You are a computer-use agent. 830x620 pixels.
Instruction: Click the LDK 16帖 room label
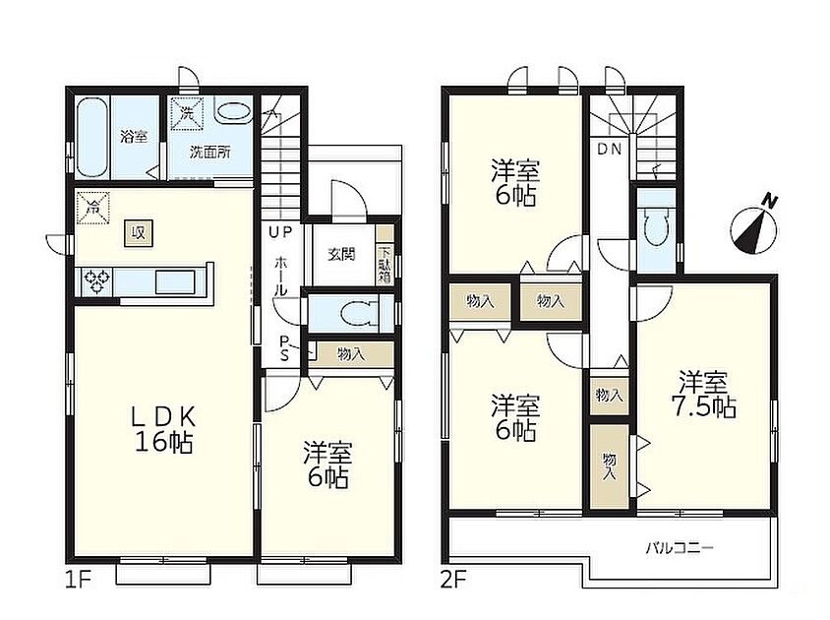tap(163, 429)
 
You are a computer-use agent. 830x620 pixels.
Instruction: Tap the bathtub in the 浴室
tap(93, 138)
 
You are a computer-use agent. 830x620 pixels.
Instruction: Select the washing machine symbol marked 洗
tap(186, 113)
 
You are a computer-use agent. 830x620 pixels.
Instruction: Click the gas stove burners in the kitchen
tap(97, 281)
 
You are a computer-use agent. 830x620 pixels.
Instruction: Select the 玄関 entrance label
tap(341, 254)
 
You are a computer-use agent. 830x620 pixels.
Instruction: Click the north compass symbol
tap(753, 225)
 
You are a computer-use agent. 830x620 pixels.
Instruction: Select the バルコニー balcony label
tap(680, 548)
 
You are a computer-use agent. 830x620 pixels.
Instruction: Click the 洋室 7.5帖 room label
tap(703, 395)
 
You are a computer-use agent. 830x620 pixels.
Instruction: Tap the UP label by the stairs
tap(280, 231)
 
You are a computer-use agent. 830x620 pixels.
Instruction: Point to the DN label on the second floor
tap(610, 150)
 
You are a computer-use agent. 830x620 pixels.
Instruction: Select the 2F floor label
tap(453, 581)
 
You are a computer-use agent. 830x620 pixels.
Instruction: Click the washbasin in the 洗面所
tap(233, 113)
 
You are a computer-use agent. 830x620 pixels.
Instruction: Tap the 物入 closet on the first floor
tap(351, 354)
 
